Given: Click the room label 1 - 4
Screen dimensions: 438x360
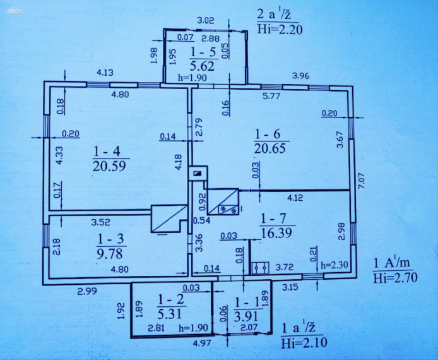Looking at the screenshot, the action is click(107, 152).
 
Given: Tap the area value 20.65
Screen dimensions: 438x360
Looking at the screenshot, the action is click(270, 148).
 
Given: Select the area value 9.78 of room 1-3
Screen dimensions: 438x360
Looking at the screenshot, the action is click(110, 254).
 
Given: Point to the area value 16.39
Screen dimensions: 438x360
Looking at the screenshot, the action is click(276, 232).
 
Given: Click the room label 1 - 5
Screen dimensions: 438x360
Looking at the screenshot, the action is click(203, 52).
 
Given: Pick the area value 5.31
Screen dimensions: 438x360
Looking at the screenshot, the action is click(170, 314).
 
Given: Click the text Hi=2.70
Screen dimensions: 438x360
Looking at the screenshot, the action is click(395, 278).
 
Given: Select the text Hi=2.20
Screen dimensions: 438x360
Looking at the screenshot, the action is click(280, 29).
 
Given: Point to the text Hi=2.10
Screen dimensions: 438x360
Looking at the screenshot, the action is click(304, 343).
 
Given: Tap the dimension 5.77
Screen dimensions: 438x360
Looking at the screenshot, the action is click(271, 96).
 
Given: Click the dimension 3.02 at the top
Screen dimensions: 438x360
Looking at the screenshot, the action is click(206, 20).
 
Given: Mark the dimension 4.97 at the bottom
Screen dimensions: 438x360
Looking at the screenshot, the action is click(203, 343).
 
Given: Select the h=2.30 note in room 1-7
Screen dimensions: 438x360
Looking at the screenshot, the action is click(334, 265).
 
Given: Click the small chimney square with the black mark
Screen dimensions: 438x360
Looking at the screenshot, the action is click(198, 174).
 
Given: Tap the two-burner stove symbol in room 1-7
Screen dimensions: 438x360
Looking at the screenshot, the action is click(261, 268).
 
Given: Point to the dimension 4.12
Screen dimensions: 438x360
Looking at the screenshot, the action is click(295, 198).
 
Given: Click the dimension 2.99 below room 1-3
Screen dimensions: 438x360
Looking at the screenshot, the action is click(88, 291).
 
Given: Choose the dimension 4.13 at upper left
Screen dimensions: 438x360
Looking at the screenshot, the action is click(105, 73).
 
